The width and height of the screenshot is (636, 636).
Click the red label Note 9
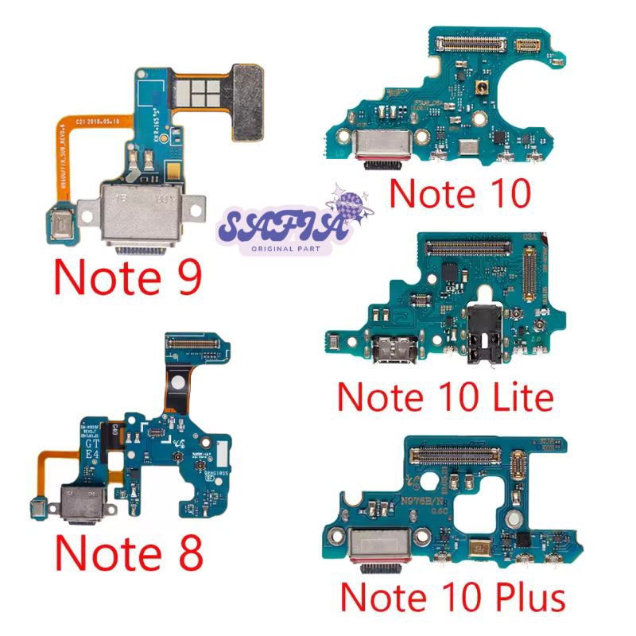coord(127,277)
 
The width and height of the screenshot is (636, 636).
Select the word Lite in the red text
coord(518,396)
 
